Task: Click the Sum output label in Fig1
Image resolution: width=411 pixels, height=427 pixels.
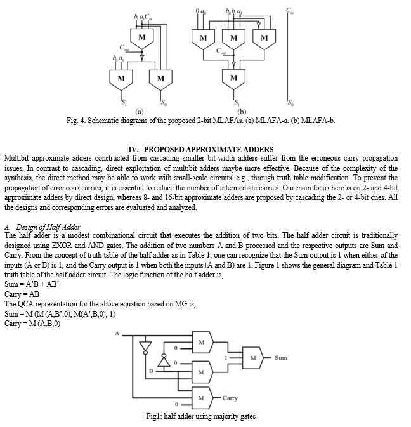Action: coord(281,358)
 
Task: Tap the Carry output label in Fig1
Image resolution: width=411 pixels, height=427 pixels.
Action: coord(230,398)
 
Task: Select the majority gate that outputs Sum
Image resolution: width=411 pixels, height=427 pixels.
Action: coord(253,358)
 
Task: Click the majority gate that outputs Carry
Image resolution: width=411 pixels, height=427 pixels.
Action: coord(203,398)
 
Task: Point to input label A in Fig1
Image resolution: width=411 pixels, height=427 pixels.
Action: coord(117,333)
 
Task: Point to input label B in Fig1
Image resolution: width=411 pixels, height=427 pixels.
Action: coord(151,371)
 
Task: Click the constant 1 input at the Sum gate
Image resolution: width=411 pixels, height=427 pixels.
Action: coord(226,358)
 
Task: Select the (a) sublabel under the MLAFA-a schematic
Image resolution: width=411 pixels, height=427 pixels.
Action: coord(139,112)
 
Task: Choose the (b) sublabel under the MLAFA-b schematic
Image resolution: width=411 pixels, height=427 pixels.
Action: coord(242,112)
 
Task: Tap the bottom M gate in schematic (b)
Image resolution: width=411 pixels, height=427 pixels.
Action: coord(233,79)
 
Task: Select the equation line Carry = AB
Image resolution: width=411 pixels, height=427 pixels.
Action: coord(22,294)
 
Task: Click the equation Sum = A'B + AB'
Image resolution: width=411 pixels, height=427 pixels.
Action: coord(32,284)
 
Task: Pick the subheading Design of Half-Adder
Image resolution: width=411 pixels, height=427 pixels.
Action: coord(48,227)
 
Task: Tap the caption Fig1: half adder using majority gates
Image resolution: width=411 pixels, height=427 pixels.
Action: coord(201,416)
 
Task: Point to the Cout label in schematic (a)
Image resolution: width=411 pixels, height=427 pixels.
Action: coord(124,48)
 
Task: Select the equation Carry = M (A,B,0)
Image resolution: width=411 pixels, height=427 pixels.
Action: coord(32,324)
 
